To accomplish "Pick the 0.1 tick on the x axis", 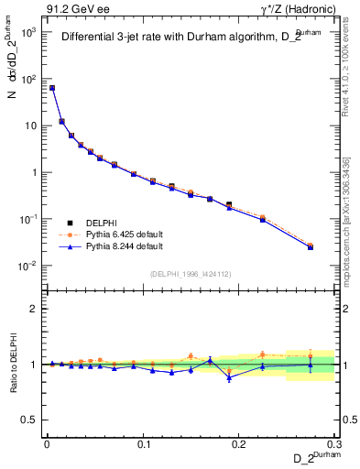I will point(143,443).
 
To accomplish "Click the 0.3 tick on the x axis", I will point(335,443).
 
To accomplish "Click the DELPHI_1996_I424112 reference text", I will point(191,273).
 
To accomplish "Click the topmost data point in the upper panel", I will point(52,88).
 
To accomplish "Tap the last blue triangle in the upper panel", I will point(310,247).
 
